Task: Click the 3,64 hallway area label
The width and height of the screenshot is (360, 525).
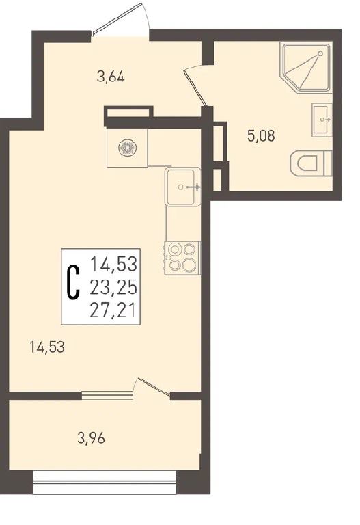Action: (111, 77)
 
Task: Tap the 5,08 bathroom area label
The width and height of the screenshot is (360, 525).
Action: (261, 136)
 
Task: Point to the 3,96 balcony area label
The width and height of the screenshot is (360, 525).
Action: (91, 438)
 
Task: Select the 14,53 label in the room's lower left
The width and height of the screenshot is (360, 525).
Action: (47, 347)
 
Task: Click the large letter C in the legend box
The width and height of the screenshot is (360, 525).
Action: (74, 282)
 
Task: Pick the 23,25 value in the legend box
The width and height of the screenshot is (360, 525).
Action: (113, 287)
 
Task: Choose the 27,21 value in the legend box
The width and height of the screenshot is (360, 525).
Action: (113, 310)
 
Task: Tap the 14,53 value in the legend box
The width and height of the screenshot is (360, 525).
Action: (114, 264)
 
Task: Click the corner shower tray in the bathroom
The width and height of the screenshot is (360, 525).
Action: (307, 67)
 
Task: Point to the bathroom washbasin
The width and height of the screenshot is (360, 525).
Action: (322, 120)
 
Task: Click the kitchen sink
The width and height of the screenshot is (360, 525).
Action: (183, 187)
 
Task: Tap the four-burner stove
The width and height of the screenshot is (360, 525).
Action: (182, 258)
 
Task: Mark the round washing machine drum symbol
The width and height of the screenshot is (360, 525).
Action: (128, 148)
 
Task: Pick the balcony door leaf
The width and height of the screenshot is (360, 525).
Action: (152, 388)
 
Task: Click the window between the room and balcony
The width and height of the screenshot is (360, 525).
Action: (107, 395)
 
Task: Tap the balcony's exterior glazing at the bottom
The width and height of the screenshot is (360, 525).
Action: (105, 483)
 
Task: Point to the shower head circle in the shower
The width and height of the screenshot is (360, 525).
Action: (320, 53)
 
